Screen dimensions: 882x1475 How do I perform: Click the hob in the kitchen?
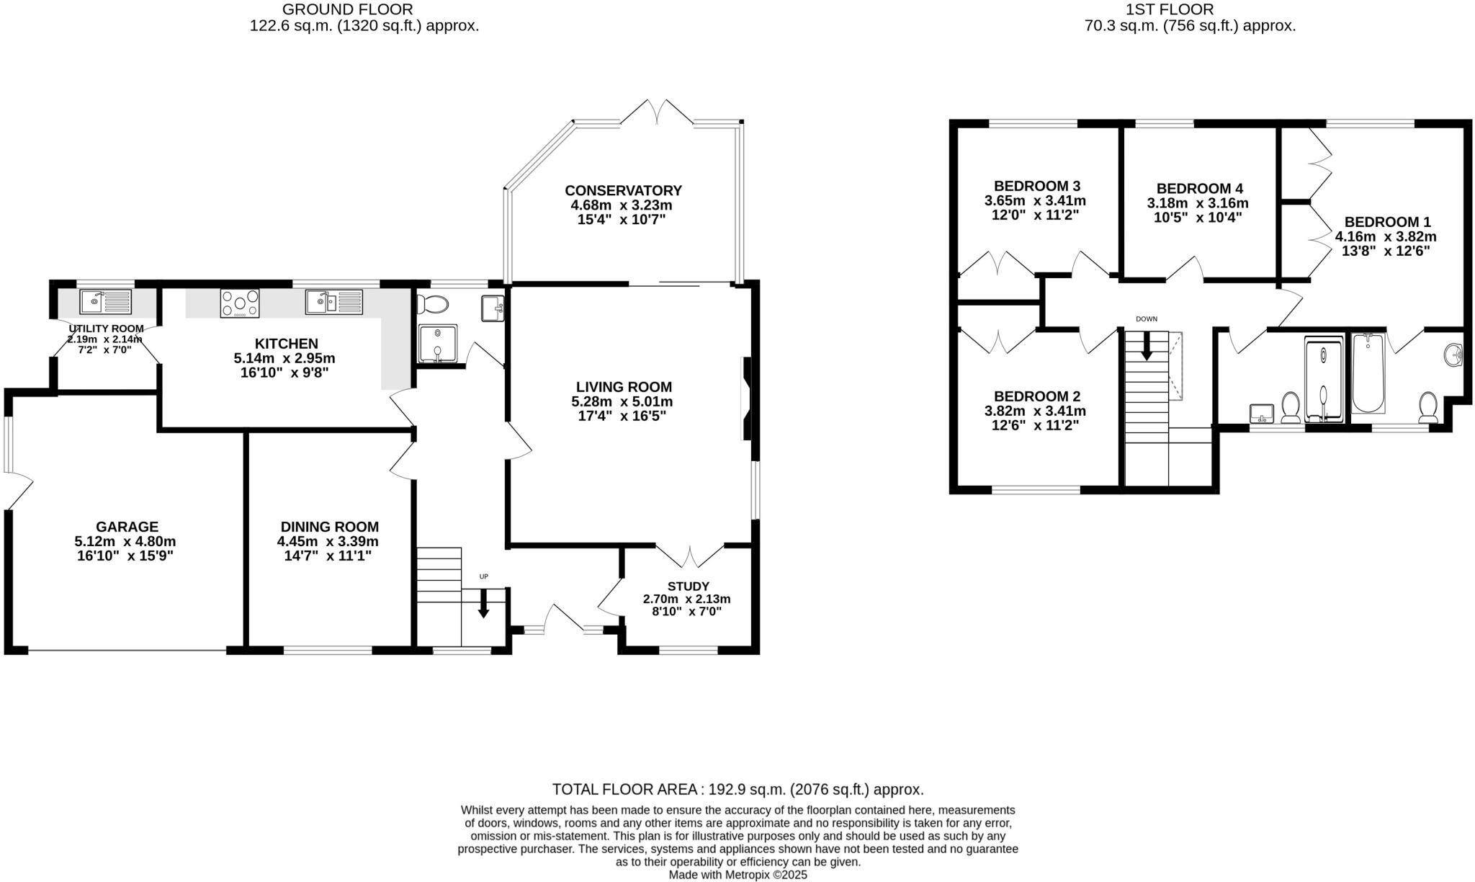240,303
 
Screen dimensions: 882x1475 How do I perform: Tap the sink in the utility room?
105,301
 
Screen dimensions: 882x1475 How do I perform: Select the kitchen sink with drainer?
333,301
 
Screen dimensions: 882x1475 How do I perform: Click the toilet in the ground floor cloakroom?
433,304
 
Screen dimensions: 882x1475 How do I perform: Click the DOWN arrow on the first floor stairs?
1147,345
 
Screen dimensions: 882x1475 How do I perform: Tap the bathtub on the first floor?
1368,373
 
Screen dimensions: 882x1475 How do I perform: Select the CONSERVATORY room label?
623,190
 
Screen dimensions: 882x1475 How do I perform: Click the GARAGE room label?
127,527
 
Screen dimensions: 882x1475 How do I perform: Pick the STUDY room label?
688,586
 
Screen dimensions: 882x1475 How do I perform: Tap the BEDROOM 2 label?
1036,396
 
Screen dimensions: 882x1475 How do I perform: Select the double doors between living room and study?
690,556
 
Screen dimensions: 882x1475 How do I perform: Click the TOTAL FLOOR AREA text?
737,789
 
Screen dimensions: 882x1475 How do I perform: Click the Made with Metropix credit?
737,875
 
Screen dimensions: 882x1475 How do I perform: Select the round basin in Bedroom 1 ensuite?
1453,355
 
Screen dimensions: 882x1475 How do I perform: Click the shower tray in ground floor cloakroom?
437,344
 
